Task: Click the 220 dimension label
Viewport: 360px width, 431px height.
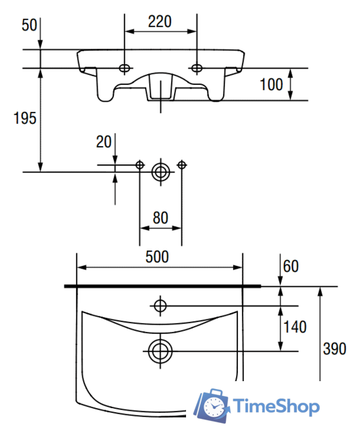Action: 160,22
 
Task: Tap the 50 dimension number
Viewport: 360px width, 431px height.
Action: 29,26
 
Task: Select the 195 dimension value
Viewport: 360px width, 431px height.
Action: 25,119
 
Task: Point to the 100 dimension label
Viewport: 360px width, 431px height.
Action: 272,84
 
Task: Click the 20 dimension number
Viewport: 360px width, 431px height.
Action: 104,142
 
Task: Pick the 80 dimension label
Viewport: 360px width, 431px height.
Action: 160,218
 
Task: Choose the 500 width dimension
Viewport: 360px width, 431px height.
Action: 157,257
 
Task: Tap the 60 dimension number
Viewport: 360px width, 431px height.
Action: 291,267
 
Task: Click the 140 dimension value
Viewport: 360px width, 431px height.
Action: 295,327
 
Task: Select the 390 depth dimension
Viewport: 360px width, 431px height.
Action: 334,349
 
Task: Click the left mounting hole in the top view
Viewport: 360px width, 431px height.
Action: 124,68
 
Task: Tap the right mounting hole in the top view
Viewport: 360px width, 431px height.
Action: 197,68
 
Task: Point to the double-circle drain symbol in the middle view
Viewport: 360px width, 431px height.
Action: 160,172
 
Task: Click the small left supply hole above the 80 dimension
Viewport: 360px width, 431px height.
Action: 140,165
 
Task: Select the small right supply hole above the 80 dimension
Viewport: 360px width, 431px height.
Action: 181,165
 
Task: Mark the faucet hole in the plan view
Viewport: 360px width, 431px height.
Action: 160,306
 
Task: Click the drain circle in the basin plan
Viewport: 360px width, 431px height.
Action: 160,351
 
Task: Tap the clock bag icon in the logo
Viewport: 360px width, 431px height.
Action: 212,405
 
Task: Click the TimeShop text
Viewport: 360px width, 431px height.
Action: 276,406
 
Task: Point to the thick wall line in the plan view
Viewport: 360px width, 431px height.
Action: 162,286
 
